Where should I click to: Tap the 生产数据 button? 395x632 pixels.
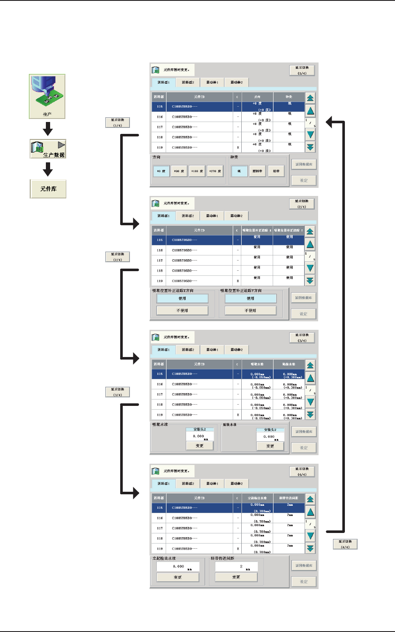[48, 149]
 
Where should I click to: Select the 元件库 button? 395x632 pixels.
[48, 189]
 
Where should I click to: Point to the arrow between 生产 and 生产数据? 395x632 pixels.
[48, 129]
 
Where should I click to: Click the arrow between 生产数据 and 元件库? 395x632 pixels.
[48, 169]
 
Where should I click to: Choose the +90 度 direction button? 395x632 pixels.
[179, 171]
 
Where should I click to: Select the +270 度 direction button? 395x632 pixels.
[215, 171]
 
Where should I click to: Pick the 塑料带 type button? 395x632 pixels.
[257, 171]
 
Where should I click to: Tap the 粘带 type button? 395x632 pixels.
[276, 171]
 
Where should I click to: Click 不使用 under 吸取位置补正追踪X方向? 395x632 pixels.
[182, 311]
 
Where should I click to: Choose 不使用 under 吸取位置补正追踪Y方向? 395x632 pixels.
[251, 311]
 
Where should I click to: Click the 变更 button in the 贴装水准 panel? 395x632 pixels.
[270, 446]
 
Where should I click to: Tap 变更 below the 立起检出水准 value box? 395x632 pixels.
[178, 577]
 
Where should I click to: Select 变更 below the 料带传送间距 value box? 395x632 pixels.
[236, 577]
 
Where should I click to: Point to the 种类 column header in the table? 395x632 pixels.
[289, 97]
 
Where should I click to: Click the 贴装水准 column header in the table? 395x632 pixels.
[289, 364]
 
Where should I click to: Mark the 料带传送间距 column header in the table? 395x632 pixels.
[289, 498]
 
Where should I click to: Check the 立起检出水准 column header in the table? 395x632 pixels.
[257, 498]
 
